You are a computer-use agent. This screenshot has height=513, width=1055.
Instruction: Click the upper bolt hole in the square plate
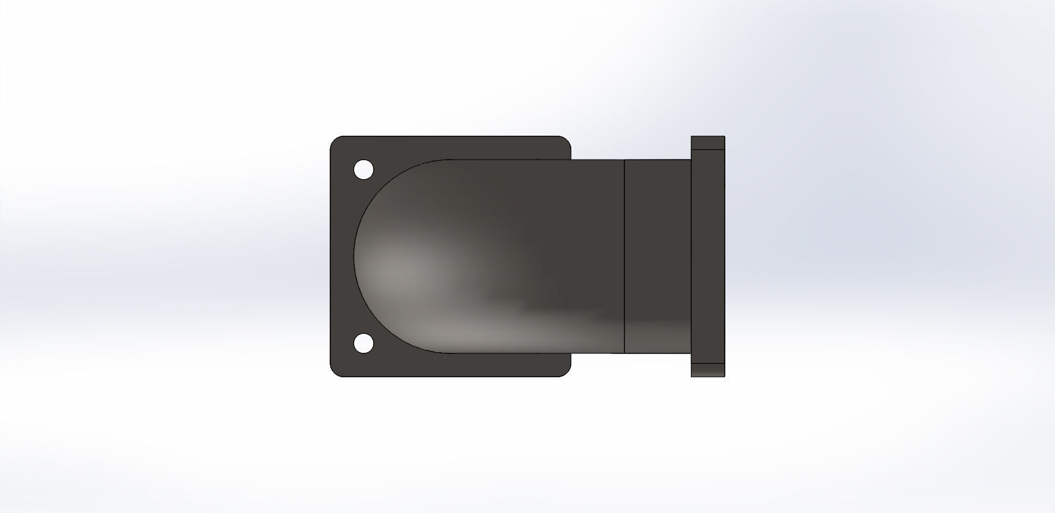click(x=363, y=169)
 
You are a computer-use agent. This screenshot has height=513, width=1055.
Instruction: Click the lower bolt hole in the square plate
click(x=363, y=344)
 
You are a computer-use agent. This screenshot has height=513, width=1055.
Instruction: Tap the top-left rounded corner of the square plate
click(x=335, y=141)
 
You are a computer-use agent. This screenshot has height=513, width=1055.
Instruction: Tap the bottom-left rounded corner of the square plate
click(x=335, y=372)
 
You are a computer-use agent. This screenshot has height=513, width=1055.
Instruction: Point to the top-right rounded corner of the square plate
click(x=566, y=141)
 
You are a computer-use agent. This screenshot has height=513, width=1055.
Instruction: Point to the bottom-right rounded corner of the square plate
click(x=566, y=372)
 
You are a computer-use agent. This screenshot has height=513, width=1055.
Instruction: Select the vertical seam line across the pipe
click(x=624, y=257)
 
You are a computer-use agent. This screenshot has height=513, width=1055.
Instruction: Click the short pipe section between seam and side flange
click(x=657, y=257)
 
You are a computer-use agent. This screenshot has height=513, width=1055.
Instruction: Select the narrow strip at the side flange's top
click(x=708, y=143)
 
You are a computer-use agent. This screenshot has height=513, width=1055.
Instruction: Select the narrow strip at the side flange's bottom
click(x=708, y=370)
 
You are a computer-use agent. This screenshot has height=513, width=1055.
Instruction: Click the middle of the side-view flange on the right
click(x=708, y=257)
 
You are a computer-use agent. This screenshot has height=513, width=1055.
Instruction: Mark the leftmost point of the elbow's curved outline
click(x=354, y=257)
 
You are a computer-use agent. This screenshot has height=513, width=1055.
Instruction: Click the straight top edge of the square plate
click(x=450, y=136)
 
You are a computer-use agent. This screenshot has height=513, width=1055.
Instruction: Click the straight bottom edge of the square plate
click(x=450, y=376)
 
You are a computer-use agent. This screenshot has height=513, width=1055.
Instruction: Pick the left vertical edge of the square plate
click(x=330, y=257)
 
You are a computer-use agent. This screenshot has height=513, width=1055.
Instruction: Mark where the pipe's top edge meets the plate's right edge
click(x=571, y=160)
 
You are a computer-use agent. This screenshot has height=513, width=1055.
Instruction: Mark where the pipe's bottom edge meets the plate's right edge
click(x=571, y=353)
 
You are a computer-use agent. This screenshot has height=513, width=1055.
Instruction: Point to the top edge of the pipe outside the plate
click(x=597, y=160)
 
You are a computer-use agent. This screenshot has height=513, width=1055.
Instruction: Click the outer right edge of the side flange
click(x=725, y=257)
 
